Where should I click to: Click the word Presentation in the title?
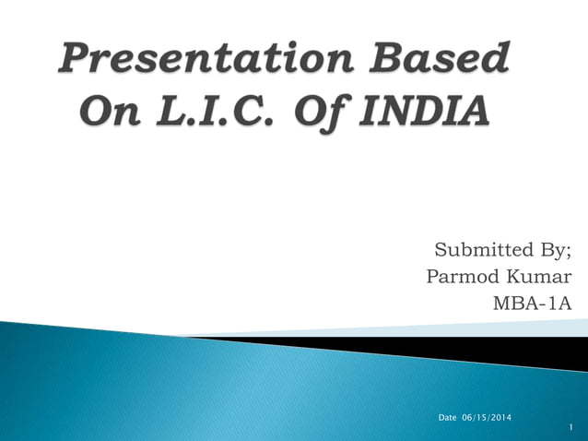[208, 62]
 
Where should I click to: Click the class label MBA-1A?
[533, 304]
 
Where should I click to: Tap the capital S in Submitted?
[441, 250]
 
